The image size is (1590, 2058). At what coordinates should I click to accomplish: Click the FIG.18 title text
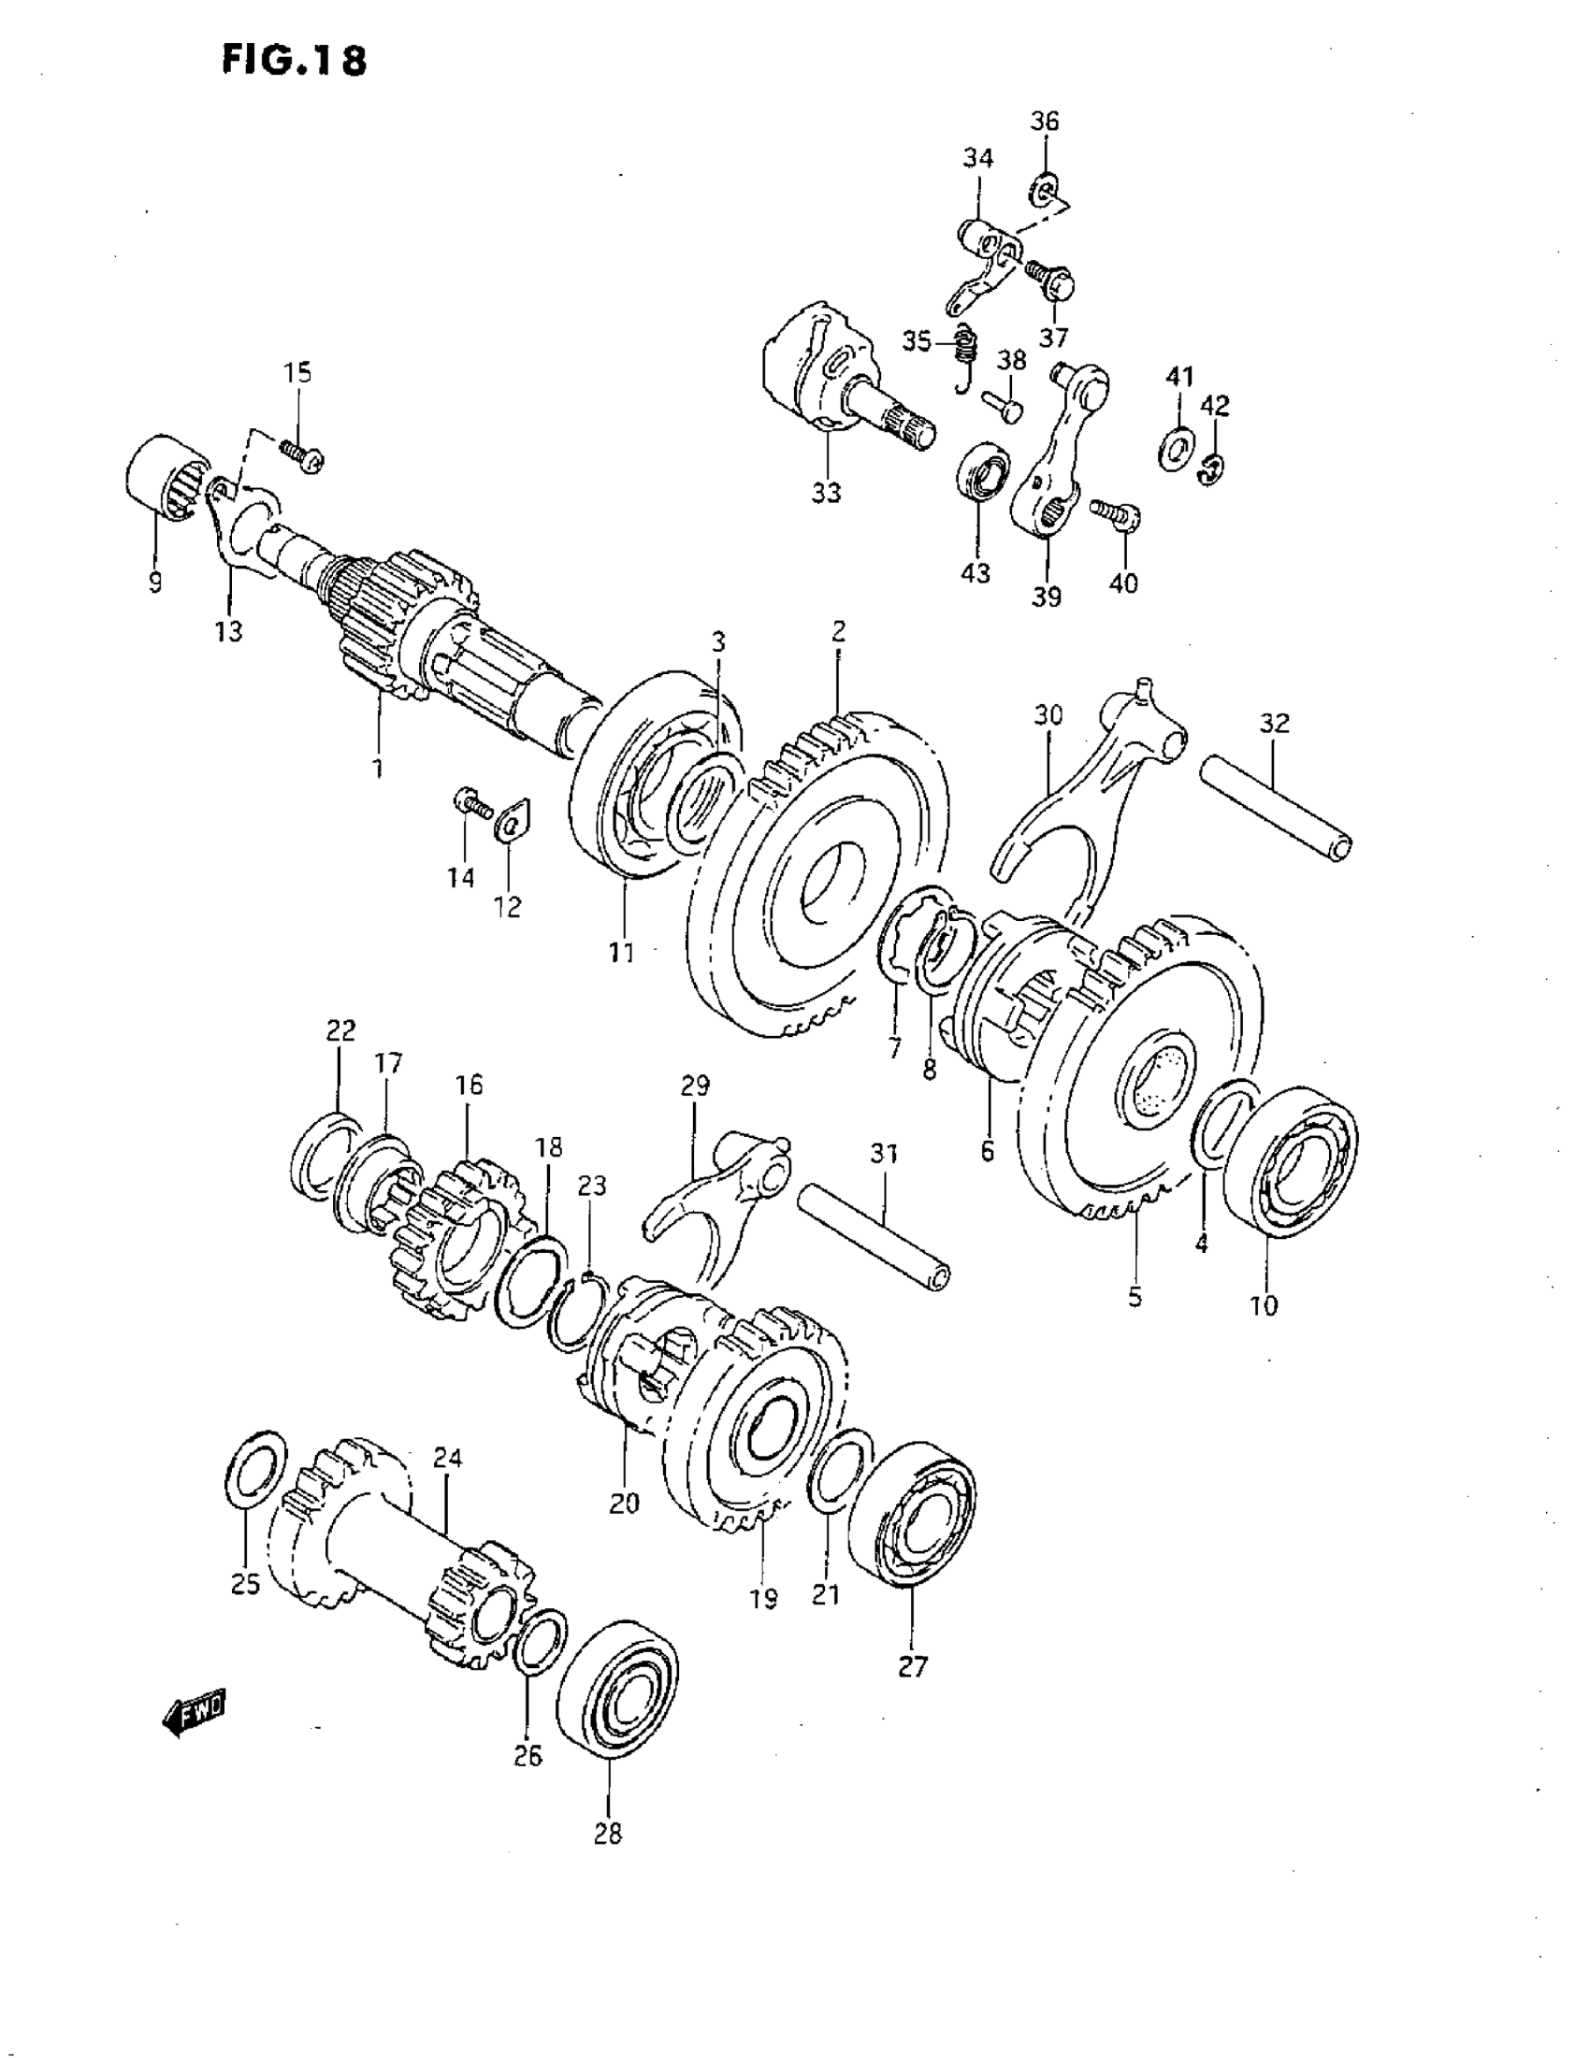click(x=293, y=62)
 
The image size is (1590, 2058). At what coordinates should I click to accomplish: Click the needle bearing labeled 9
click(x=164, y=473)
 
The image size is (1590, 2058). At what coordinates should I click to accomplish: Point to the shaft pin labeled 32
click(x=1274, y=803)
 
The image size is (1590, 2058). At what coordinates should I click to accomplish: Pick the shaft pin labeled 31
click(x=873, y=1235)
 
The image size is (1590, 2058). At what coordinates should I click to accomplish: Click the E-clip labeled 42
click(x=1212, y=468)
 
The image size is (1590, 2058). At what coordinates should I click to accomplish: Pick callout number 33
click(x=826, y=493)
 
